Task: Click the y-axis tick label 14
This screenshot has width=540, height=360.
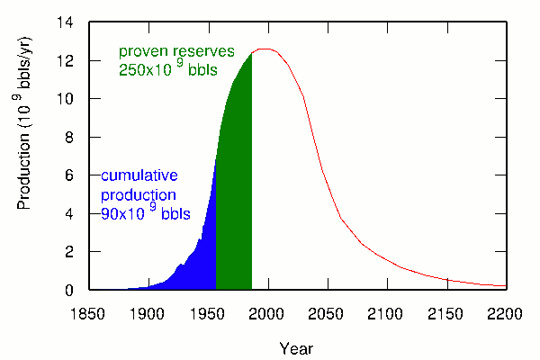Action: pos(69,22)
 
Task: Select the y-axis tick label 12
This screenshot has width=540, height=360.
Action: pos(69,60)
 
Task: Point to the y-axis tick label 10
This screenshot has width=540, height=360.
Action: pos(69,99)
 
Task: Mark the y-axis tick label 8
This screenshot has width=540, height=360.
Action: pos(74,138)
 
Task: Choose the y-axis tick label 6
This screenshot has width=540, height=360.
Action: pos(74,175)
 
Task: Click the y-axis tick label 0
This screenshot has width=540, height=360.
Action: pos(74,291)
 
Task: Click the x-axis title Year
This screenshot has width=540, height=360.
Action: pos(296,347)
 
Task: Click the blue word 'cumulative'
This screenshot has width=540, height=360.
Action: pos(139,175)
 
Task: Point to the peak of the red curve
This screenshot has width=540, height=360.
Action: pos(266,49)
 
